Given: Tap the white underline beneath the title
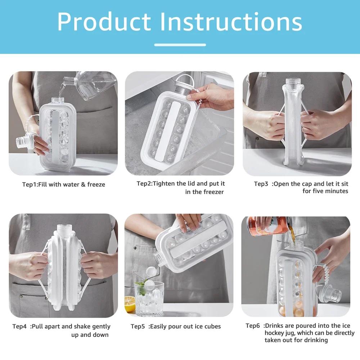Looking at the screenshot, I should point(180,45).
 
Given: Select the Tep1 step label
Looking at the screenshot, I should point(30,185).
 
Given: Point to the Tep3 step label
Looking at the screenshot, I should point(261,184).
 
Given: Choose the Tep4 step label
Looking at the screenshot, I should point(19,327).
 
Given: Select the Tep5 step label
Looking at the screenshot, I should point(138,327).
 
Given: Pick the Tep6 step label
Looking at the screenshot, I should point(253,326).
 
